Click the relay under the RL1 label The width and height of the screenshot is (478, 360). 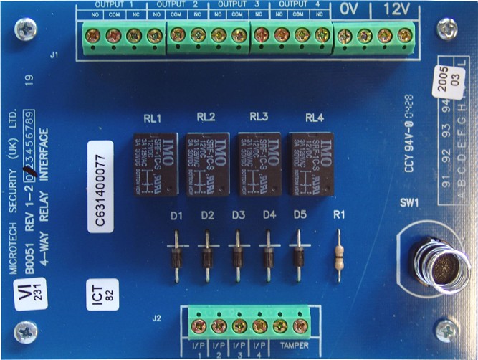154,164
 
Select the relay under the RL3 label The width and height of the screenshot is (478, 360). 260,164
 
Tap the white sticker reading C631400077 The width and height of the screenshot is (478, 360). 101,186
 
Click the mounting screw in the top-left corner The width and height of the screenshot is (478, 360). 29,29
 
